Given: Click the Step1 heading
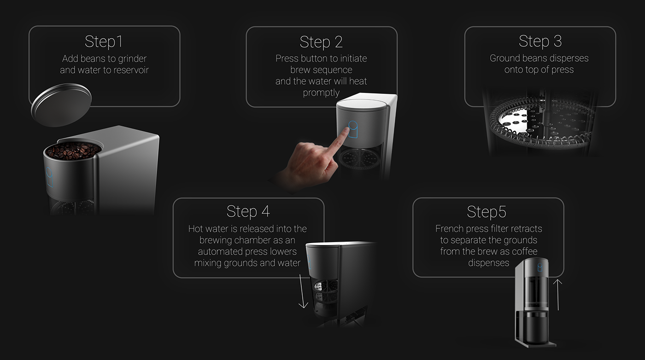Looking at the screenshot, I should pos(104,42).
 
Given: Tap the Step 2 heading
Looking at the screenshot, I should pos(321,42).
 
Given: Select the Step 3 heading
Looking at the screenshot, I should pos(540,41).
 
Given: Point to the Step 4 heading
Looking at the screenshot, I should pos(248,212).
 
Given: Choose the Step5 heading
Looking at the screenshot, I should pos(487,212).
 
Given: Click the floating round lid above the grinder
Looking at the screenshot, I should pos(61,105).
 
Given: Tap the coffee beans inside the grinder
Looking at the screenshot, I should pos(74,151).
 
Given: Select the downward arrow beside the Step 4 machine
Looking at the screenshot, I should pos(303,291).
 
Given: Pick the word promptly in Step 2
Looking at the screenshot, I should pos(321,93).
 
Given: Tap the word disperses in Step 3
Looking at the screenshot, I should pos(567,59).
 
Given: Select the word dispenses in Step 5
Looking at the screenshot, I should pos(488,263).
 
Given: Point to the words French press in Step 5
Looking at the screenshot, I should pos(462,229).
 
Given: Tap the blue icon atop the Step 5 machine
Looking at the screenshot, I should pos(540,267).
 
